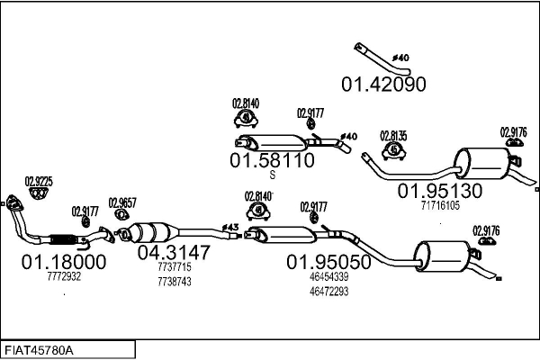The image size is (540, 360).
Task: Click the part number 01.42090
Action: (x=383, y=85)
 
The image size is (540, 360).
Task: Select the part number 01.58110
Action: (x=272, y=160)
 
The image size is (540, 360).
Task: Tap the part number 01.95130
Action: (x=440, y=191)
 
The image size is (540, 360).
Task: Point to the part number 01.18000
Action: (x=64, y=262)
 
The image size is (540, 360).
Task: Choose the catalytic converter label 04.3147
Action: (x=174, y=253)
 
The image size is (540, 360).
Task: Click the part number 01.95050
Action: (x=328, y=262)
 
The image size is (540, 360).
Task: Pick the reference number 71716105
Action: (x=440, y=206)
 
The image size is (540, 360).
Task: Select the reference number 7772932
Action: (x=64, y=276)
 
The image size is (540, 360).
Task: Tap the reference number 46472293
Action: (x=328, y=292)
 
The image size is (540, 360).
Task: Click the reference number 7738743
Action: (x=175, y=282)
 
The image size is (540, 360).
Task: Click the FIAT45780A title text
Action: (x=39, y=351)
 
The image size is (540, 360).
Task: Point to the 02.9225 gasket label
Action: (x=39, y=182)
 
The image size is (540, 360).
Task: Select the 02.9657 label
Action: (x=122, y=202)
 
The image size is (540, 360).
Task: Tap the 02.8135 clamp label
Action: (x=393, y=136)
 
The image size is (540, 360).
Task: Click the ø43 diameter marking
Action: (x=229, y=228)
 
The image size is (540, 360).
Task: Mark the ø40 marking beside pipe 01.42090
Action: (x=400, y=58)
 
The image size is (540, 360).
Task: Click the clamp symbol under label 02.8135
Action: (x=393, y=151)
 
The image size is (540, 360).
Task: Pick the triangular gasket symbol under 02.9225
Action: (x=39, y=193)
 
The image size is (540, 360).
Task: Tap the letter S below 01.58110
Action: (x=273, y=175)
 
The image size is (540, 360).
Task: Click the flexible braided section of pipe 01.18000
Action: (x=63, y=239)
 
